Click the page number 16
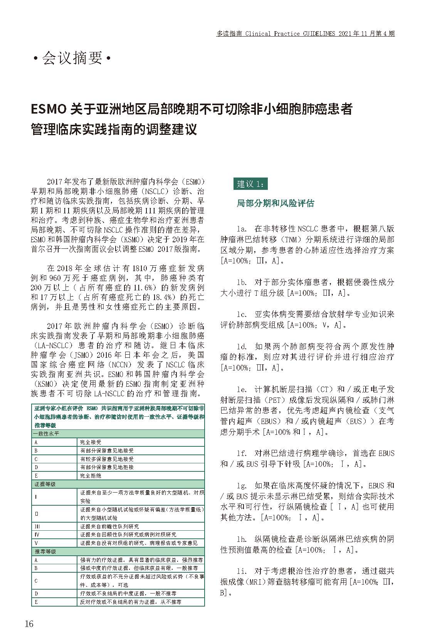click(29, 624)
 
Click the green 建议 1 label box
click(250, 184)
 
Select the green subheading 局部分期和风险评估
click(275, 203)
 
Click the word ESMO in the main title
click(49, 109)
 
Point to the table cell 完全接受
click(91, 442)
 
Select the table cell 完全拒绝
click(91, 476)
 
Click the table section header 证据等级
click(45, 484)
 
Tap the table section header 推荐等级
click(45, 552)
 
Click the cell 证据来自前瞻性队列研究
click(109, 526)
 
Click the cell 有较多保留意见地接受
click(107, 459)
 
